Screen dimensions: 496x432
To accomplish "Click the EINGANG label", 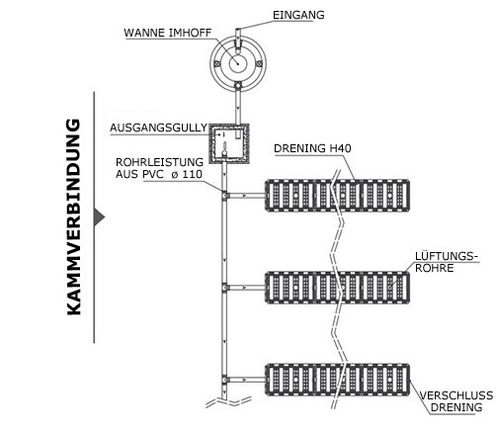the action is click(298, 15).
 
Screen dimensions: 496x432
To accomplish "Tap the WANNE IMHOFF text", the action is click(168, 33).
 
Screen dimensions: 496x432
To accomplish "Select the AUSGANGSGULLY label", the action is click(158, 128).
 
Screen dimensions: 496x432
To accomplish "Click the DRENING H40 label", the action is click(312, 148).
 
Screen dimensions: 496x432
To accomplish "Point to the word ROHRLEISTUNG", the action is click(159, 162).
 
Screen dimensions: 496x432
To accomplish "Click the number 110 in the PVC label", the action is click(192, 174).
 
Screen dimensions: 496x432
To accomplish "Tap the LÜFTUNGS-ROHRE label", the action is click(446, 262).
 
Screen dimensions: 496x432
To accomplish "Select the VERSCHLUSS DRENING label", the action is click(456, 401).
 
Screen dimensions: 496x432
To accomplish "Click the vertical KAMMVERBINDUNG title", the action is click(74, 217).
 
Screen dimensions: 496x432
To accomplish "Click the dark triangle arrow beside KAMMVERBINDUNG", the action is click(99, 217).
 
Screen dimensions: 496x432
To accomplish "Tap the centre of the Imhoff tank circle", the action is click(238, 63).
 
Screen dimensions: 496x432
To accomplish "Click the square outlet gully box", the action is click(228, 143).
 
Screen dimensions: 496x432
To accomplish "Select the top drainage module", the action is click(338, 196).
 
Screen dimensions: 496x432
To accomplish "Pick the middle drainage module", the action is click(338, 288).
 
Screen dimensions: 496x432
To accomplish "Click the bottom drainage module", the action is click(338, 380).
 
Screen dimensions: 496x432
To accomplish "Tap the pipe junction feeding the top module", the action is click(224, 196).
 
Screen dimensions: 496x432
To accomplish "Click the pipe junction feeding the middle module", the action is click(224, 288).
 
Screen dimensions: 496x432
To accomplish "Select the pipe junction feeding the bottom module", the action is click(224, 380).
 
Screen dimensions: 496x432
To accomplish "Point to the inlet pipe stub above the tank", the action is click(238, 35).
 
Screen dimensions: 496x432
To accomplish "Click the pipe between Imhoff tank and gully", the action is click(238, 107).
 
